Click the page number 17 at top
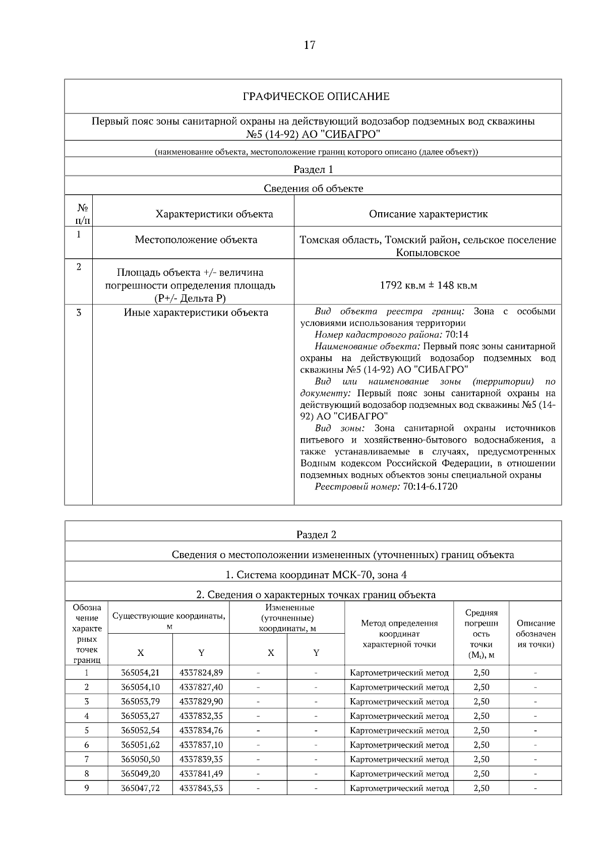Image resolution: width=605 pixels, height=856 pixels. pyautogui.click(x=310, y=45)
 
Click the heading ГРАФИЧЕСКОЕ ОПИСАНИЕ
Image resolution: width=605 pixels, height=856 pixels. pyautogui.click(x=316, y=96)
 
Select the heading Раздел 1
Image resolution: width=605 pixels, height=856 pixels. pyautogui.click(x=313, y=169)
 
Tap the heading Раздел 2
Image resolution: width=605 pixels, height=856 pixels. pyautogui.click(x=316, y=534)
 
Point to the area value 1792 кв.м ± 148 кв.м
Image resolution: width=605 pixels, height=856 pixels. pyautogui.click(x=428, y=285)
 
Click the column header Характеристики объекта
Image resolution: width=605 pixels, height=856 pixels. pyautogui.click(x=214, y=214)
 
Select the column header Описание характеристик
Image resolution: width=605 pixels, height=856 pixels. pyautogui.click(x=428, y=214)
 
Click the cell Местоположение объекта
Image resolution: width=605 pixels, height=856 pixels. pyautogui.click(x=196, y=239)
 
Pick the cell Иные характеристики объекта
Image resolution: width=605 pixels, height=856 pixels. pyautogui.click(x=196, y=313)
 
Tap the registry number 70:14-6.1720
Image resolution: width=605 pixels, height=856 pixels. pyautogui.click(x=430, y=486)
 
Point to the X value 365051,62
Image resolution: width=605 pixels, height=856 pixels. pyautogui.click(x=140, y=745)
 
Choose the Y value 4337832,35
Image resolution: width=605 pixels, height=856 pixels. pyautogui.click(x=201, y=716)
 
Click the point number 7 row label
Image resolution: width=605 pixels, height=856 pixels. pyautogui.click(x=87, y=759)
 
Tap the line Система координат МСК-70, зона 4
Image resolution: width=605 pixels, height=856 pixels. pyautogui.click(x=316, y=575)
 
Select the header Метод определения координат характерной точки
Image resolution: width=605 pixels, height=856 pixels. pyautogui.click(x=399, y=633)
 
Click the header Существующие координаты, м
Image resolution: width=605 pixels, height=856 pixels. pyautogui.click(x=169, y=621)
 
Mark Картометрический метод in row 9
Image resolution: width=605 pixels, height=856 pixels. pyautogui.click(x=399, y=788)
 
